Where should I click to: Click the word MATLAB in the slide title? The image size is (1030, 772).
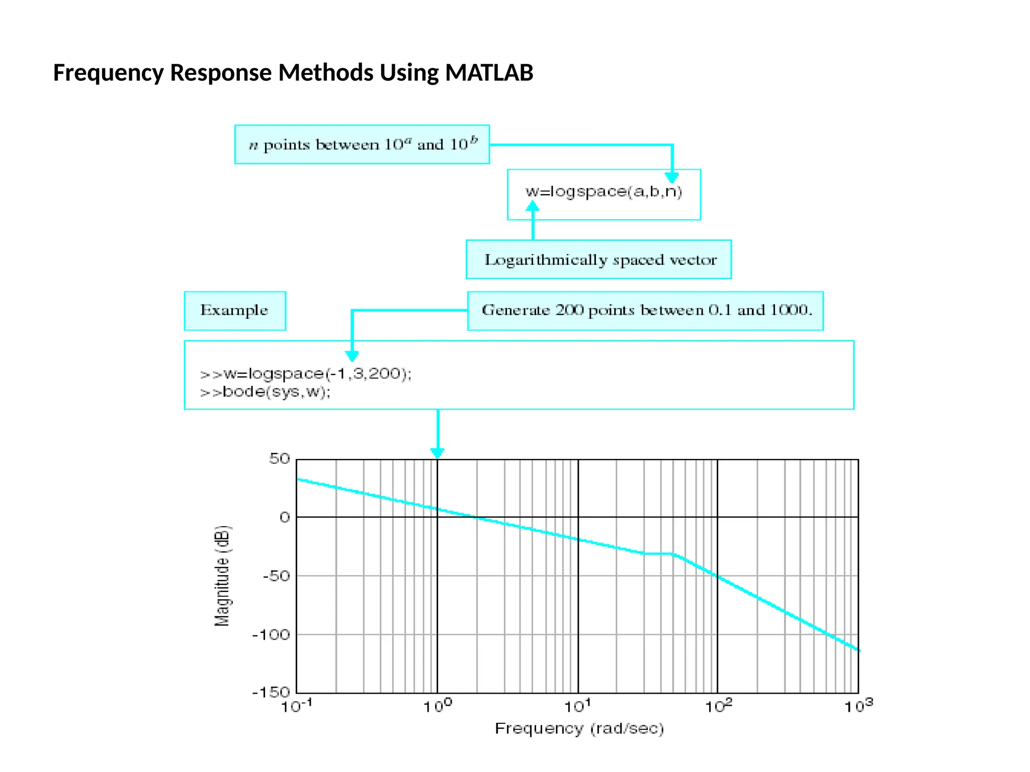click(x=489, y=73)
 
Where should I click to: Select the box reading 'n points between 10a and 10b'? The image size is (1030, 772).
click(x=362, y=145)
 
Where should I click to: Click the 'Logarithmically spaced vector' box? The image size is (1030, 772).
click(x=599, y=260)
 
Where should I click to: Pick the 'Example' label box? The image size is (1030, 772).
click(x=235, y=311)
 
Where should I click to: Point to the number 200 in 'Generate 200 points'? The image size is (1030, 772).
click(x=569, y=310)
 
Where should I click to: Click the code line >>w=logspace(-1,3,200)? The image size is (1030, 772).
click(x=306, y=374)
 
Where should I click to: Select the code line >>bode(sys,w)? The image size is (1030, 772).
click(x=266, y=392)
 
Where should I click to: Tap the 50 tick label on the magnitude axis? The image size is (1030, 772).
click(x=280, y=459)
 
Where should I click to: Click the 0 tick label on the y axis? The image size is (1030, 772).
click(x=285, y=518)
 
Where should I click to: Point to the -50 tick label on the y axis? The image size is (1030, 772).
click(x=277, y=576)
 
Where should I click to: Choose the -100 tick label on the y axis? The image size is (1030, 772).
click(x=272, y=635)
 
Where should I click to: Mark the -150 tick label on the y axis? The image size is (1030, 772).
click(x=272, y=693)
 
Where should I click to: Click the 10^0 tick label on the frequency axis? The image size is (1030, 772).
click(x=437, y=706)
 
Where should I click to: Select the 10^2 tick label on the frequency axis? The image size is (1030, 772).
click(x=718, y=706)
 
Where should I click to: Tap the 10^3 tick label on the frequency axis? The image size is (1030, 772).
click(x=858, y=706)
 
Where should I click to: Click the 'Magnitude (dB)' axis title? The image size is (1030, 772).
click(x=222, y=576)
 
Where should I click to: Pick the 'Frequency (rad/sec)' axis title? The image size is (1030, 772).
click(x=579, y=729)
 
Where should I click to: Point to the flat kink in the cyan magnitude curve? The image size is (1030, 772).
click(x=658, y=553)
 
